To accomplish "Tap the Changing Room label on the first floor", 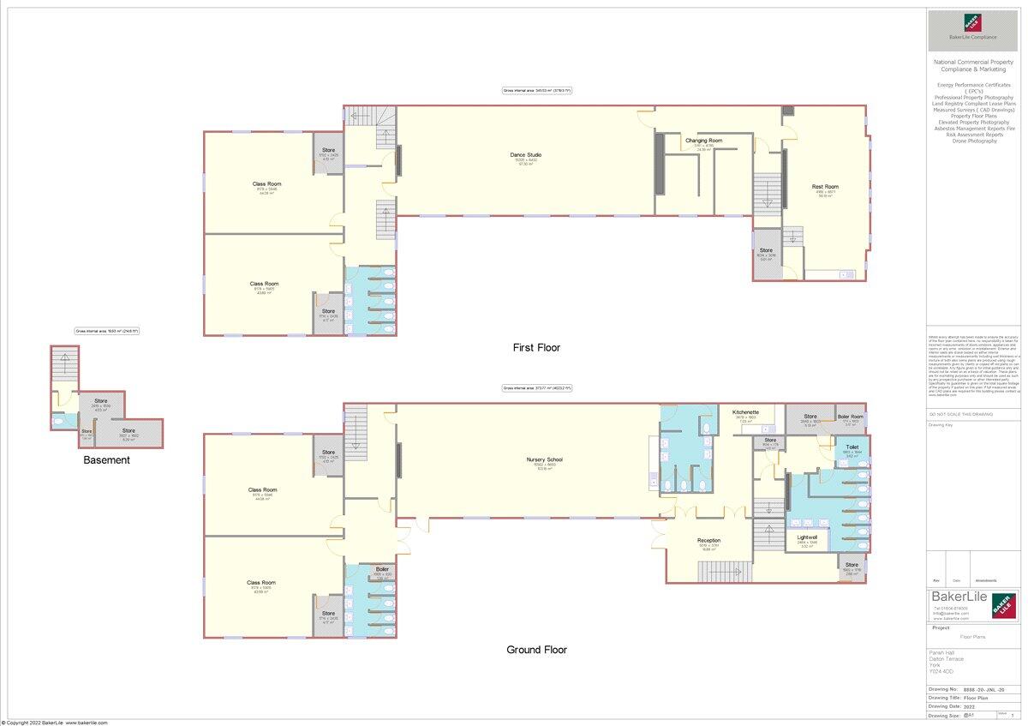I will pos(703,141).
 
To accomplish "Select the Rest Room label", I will pos(825,187).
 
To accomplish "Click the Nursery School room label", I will pos(544,459).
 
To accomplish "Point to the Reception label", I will pos(708,541).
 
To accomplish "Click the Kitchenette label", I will pos(745,412).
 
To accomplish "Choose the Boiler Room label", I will pos(851,417).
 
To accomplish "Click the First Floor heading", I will pos(536,348).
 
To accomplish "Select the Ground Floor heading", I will pos(536,650).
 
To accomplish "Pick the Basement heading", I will pos(106,460).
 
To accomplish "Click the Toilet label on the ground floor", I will pos(852,447).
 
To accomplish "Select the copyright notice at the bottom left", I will pos(54,723).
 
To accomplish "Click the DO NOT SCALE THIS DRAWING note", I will pos(961,414).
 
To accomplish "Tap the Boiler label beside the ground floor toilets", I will pos(382,568).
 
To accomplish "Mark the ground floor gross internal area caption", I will pos(536,389).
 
